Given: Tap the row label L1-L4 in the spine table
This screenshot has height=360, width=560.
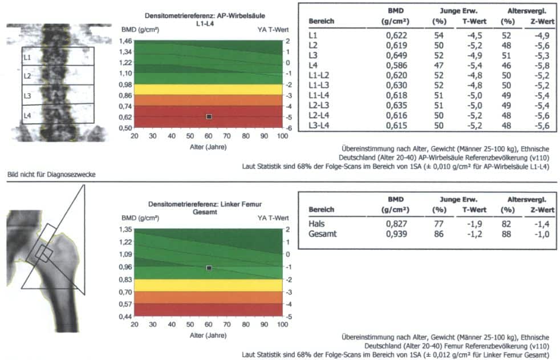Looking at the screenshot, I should point(318,93).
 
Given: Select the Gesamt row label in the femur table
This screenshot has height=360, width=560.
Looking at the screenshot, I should point(322,233).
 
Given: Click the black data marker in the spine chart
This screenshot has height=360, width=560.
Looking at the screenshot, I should point(209,116).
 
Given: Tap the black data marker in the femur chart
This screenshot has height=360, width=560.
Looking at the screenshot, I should point(209,268).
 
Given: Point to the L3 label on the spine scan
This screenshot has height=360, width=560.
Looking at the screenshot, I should point(27,95).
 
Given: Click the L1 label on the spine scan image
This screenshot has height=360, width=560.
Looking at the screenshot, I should point(27,57).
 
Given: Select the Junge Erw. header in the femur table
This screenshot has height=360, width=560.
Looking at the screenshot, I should point(458,200).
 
